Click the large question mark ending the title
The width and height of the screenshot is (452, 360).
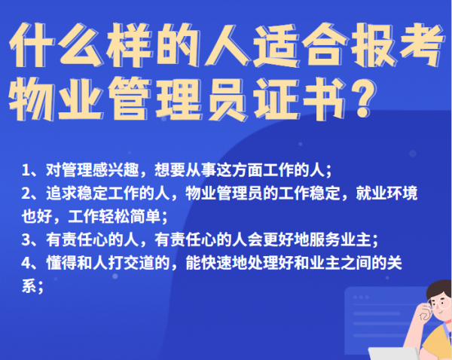point(364,99)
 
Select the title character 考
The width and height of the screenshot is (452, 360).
point(420,45)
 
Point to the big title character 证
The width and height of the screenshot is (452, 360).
point(276,99)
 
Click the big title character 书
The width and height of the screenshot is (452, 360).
point(323,99)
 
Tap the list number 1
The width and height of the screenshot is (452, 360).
point(26,170)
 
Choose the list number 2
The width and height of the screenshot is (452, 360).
point(26,194)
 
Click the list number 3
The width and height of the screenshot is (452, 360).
point(26,240)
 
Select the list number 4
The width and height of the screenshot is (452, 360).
point(26,263)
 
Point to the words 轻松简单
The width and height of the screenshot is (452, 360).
point(129,216)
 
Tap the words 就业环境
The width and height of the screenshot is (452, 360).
point(386,194)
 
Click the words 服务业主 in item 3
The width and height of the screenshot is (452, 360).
point(340,239)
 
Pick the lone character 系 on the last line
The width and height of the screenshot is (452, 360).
point(29,286)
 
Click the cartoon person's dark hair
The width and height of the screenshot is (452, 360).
point(438,290)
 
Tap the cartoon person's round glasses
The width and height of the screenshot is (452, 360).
point(440,304)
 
